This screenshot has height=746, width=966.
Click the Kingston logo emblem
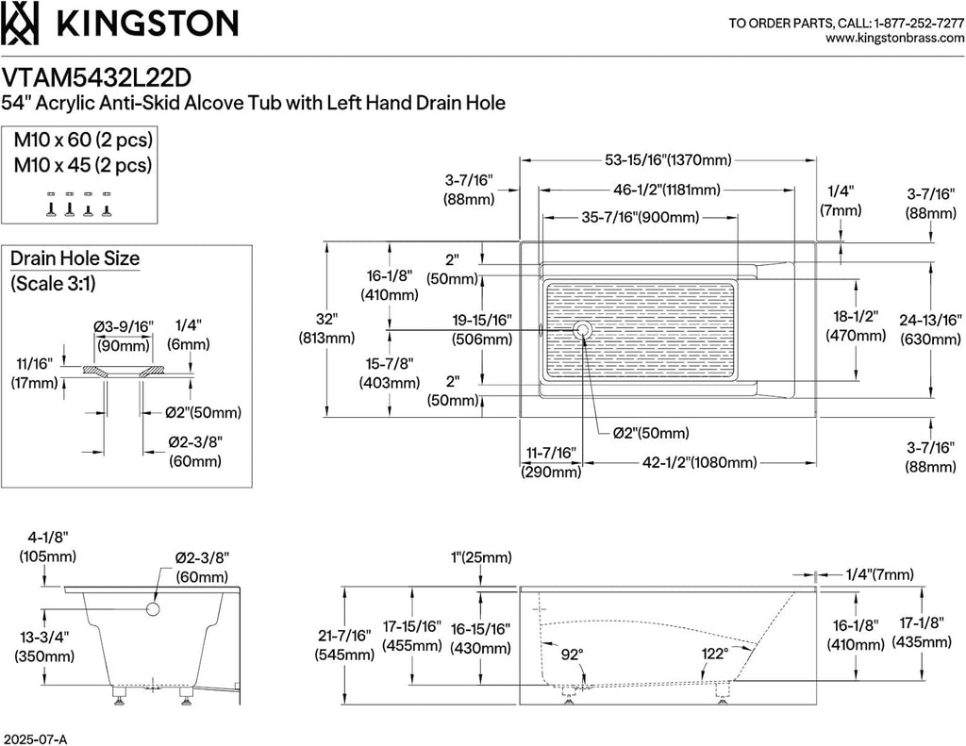21,23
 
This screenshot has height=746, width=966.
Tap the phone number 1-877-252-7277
919,24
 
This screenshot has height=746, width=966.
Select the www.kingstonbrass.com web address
894,38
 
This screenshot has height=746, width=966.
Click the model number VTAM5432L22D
96,77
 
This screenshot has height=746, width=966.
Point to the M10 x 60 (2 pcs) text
83,140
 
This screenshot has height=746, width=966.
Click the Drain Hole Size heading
75,258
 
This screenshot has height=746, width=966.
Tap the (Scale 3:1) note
53,283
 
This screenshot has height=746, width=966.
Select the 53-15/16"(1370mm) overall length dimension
668,160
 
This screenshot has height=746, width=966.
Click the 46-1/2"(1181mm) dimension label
667,190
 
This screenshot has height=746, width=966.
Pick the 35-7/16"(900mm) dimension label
641,218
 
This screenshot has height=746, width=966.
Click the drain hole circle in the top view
581,330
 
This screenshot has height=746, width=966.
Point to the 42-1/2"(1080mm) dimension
699,462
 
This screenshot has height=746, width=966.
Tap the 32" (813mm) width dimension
326,328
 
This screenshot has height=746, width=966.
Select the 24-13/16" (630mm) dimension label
930,329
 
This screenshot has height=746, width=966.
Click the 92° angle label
572,655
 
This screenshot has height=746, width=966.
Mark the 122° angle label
715,653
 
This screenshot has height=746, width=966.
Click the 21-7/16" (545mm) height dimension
345,645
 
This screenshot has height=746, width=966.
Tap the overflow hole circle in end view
153,609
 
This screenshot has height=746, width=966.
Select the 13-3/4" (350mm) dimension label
44,647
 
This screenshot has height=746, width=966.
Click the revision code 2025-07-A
35,739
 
